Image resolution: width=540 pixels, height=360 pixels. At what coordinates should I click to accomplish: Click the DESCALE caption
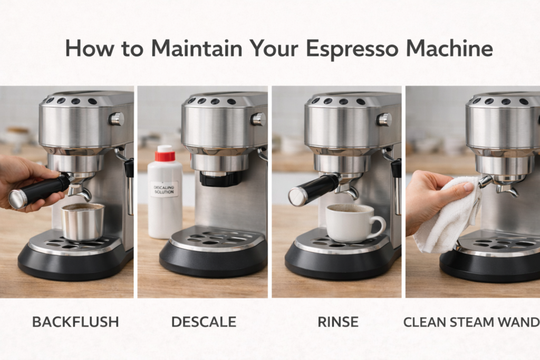click(x=204, y=322)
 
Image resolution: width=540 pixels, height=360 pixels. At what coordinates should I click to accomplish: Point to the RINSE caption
click(x=338, y=322)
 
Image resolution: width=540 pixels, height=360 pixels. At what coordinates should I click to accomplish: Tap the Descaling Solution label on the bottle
click(x=163, y=188)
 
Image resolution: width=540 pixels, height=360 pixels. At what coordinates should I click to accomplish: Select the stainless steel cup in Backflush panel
click(x=83, y=221)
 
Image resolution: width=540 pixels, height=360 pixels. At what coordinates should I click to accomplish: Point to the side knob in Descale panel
click(x=258, y=119)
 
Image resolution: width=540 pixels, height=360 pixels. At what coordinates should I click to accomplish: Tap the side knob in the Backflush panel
click(x=117, y=119)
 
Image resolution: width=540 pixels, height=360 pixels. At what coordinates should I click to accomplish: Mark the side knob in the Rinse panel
click(x=384, y=119)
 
